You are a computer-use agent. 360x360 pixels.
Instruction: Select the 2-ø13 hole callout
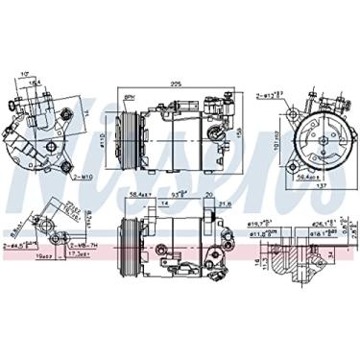tap(272, 95)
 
